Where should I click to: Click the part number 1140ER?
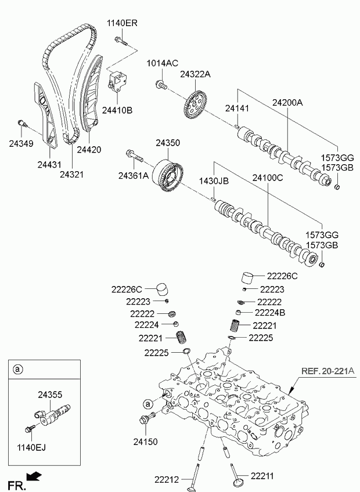(122, 23)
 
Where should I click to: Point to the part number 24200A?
(287, 103)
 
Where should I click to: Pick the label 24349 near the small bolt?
(21, 143)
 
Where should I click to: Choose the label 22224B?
(271, 313)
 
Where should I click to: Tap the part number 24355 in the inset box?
(50, 395)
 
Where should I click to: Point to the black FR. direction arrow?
(35, 477)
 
